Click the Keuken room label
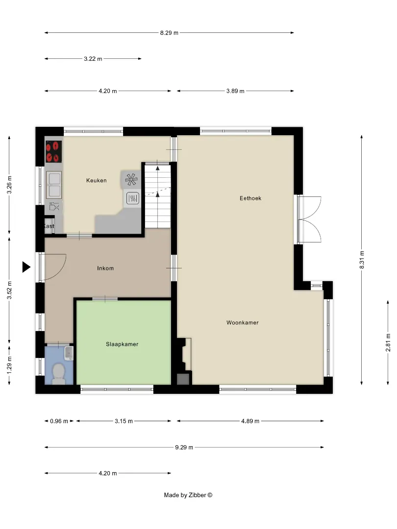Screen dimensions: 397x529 [96, 180]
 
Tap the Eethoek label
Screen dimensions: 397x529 [250, 198]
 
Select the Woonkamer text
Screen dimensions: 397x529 [243, 322]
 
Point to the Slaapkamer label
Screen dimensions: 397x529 [122, 344]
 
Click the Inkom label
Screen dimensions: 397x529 [105, 268]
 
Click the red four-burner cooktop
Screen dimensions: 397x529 [54, 151]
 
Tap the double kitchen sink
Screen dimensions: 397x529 [54, 185]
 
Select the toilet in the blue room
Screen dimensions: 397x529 [59, 374]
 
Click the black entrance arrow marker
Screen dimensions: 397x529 [26, 267]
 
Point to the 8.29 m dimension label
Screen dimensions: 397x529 [169, 33]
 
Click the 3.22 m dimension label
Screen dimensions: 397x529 [93, 59]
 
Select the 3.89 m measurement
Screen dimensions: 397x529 [235, 91]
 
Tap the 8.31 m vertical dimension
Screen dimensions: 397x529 [362, 260]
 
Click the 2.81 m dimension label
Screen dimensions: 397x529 [388, 342]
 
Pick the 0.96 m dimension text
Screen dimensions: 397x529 [59, 421]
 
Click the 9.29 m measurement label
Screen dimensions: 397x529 [184, 447]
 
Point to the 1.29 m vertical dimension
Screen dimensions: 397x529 [9, 365]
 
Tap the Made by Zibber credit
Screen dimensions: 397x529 [188, 495]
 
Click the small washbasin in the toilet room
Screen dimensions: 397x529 [69, 353]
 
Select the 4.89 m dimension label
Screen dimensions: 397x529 [250, 421]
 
